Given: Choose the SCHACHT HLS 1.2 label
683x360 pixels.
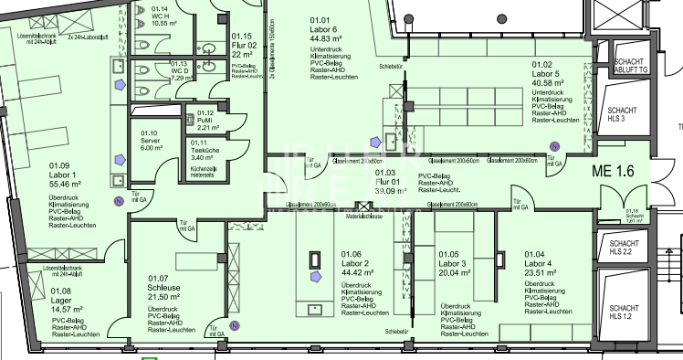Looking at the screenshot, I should [x=625, y=313].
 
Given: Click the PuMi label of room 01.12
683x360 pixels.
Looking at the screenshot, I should [x=206, y=120].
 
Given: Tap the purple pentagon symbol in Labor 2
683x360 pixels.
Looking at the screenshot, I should [x=315, y=274].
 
